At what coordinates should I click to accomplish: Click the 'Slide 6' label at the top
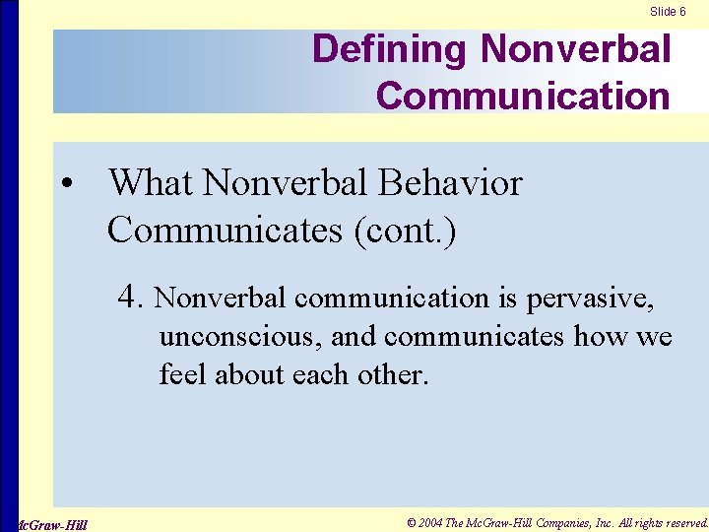click(668, 11)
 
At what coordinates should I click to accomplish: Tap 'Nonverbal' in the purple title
click(575, 49)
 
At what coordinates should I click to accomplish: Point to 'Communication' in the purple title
click(523, 96)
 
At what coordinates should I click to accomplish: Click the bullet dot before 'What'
click(65, 185)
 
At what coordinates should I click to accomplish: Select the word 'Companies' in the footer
click(557, 522)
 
